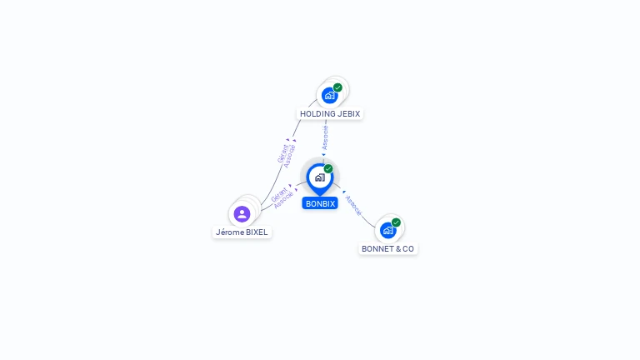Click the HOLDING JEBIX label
tap(331, 113)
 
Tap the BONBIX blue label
tap(320, 203)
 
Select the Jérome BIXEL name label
tap(242, 232)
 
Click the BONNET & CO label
tap(387, 248)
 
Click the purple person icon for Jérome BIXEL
tap(242, 214)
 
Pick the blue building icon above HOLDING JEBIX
tap(329, 96)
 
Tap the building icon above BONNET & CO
tap(387, 230)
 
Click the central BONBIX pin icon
tap(319, 177)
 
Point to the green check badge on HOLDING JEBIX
tap(337, 87)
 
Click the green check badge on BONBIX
tap(328, 168)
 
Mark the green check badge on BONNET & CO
tap(396, 222)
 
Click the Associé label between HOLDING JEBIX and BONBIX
tap(325, 137)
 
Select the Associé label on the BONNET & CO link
tap(353, 205)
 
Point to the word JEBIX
tap(348, 113)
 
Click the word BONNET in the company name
tap(375, 248)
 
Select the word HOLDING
tap(317, 113)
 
